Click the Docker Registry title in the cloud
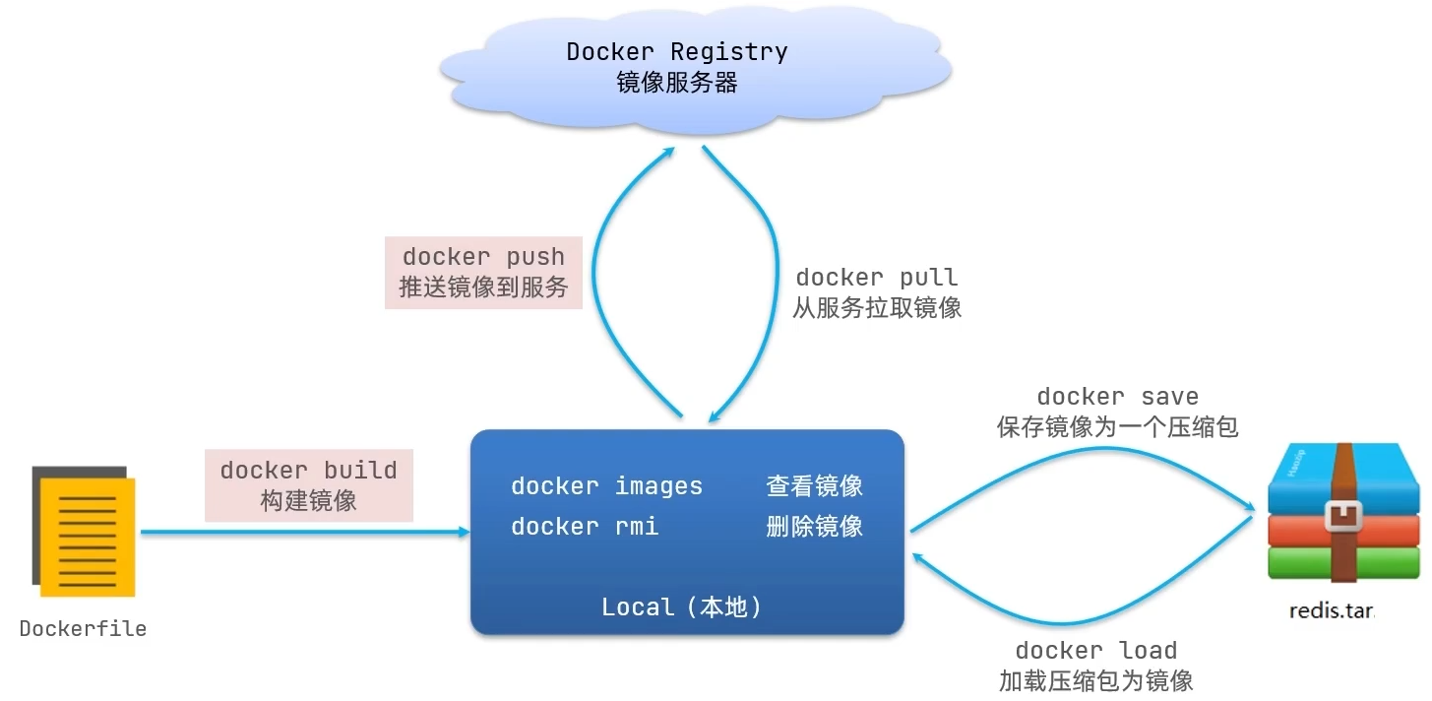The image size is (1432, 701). point(677,51)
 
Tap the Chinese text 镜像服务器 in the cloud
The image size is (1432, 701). point(677,83)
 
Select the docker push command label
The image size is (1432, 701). point(483,257)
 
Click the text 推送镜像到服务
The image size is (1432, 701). point(483,287)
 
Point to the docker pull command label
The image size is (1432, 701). point(876,278)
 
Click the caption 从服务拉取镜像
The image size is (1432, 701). point(876,308)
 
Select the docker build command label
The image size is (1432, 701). point(308,470)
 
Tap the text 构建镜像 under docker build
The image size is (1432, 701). point(308,501)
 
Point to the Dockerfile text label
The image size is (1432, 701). point(83,628)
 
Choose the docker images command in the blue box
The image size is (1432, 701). point(606,486)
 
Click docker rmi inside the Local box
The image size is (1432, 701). point(585,527)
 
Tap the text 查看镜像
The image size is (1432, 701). point(814,485)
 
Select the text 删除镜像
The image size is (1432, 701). point(814,527)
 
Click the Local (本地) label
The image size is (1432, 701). point(682,607)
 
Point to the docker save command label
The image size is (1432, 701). point(1117,397)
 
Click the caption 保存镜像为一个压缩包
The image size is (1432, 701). point(1117,427)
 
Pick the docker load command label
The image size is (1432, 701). point(1095,651)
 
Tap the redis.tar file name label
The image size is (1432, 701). point(1331,611)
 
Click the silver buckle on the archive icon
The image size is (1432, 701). point(1342,516)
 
